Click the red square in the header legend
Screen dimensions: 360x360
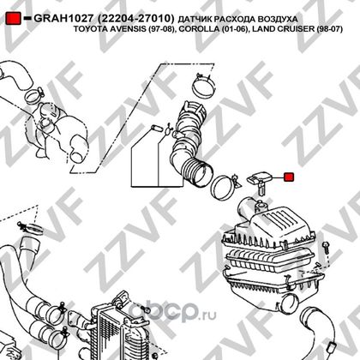[13, 18]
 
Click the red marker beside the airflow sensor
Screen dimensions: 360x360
[289, 177]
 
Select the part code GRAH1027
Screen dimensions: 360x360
[63, 19]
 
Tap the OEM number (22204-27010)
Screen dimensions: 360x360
[135, 19]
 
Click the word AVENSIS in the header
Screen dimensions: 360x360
[129, 29]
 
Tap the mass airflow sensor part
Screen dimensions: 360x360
[259, 182]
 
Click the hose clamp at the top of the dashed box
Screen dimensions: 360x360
[203, 86]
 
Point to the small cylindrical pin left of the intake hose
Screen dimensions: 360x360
[156, 128]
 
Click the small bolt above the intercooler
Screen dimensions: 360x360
[147, 309]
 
